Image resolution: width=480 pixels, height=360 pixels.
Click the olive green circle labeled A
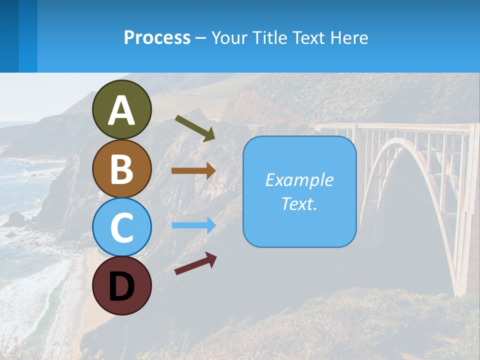pyautogui.click(x=121, y=109)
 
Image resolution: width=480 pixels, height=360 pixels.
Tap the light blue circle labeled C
pyautogui.click(x=121, y=226)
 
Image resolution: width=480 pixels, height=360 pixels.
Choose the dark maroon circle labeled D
pyautogui.click(x=121, y=285)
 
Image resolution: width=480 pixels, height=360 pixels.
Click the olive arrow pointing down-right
pyautogui.click(x=195, y=128)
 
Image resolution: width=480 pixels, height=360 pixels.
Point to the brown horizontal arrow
pyautogui.click(x=193, y=170)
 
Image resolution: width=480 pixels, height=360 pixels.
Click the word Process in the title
pyautogui.click(x=157, y=37)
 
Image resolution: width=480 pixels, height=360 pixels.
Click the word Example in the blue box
pyautogui.click(x=299, y=180)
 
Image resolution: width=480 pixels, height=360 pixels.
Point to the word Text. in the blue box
pyautogui.click(x=299, y=203)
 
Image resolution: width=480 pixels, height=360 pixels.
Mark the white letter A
pyautogui.click(x=121, y=110)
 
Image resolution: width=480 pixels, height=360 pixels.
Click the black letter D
pyautogui.click(x=121, y=286)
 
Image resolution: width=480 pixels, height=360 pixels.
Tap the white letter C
pyautogui.click(x=121, y=227)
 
